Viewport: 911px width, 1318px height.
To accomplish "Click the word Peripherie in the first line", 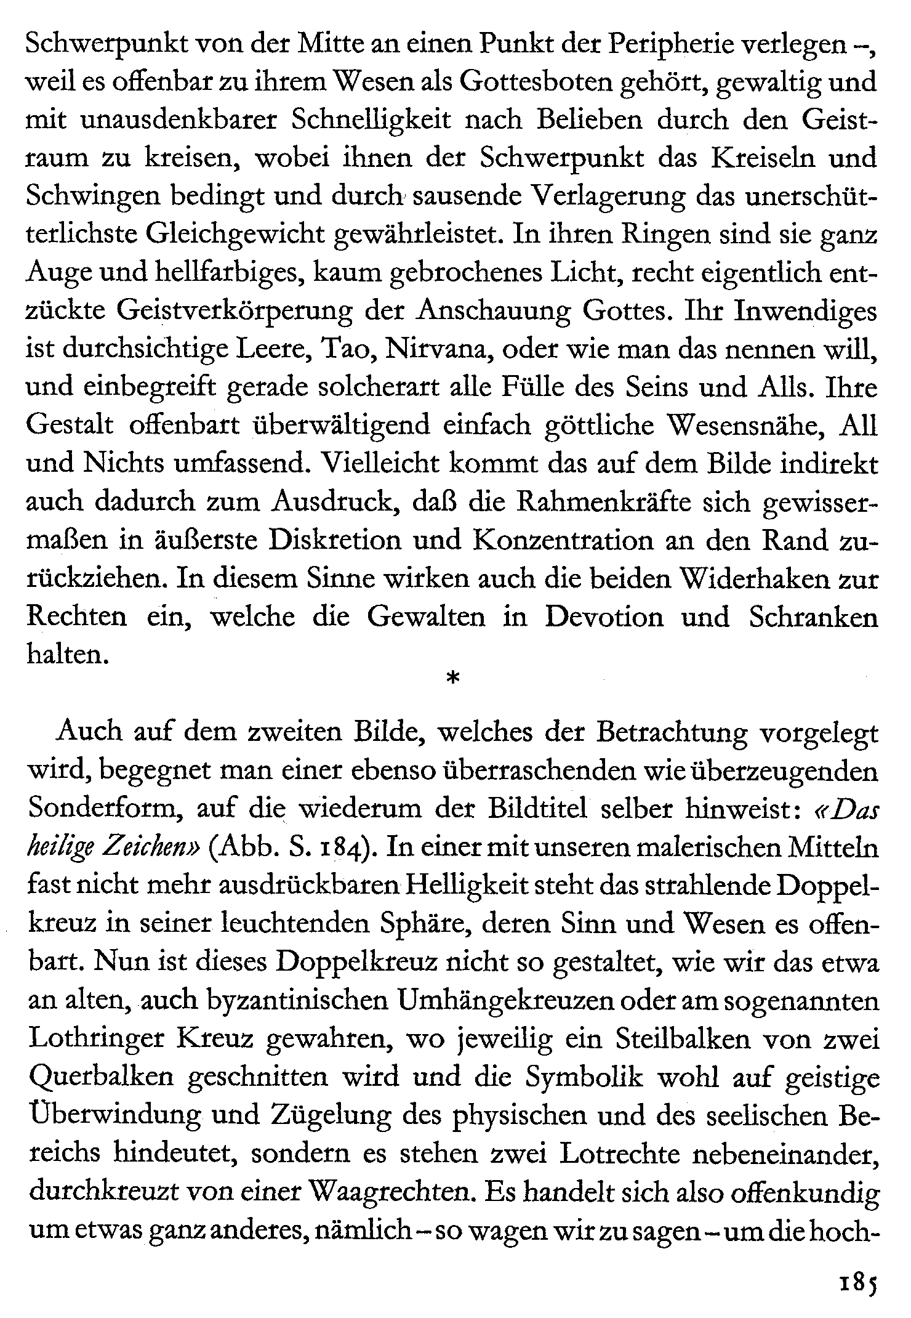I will [x=678, y=44].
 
